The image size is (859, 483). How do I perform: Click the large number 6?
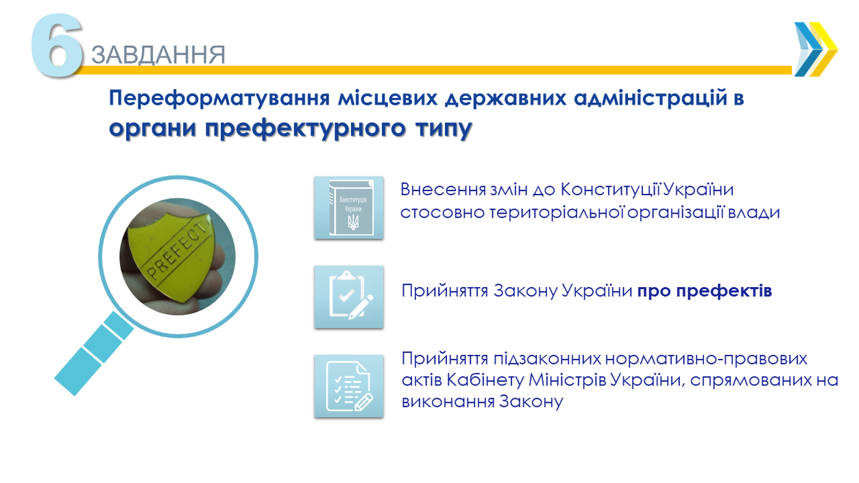click(x=57, y=45)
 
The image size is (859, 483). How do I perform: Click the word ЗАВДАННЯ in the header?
click(x=158, y=54)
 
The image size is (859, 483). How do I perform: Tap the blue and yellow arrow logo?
click(x=816, y=49)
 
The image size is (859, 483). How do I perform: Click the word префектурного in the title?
click(x=305, y=128)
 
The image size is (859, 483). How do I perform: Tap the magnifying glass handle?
click(x=94, y=353)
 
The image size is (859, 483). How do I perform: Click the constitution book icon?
click(x=348, y=208)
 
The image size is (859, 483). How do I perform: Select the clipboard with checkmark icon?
click(x=348, y=297)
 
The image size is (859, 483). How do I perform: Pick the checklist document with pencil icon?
click(x=348, y=386)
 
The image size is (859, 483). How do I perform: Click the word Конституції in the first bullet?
click(x=610, y=190)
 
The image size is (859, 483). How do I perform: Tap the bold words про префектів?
click(x=705, y=290)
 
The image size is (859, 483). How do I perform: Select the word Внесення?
click(x=443, y=190)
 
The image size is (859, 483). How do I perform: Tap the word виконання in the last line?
click(x=448, y=401)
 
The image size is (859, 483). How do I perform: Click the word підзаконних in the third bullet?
click(x=547, y=359)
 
